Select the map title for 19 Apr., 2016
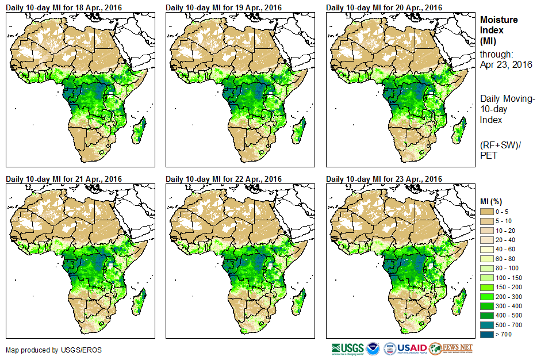(x=224, y=7)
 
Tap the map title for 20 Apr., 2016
(x=385, y=7)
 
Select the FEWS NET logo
(x=451, y=348)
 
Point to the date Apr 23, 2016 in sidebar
(x=506, y=64)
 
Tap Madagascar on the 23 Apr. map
(x=460, y=300)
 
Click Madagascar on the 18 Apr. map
(x=139, y=130)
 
